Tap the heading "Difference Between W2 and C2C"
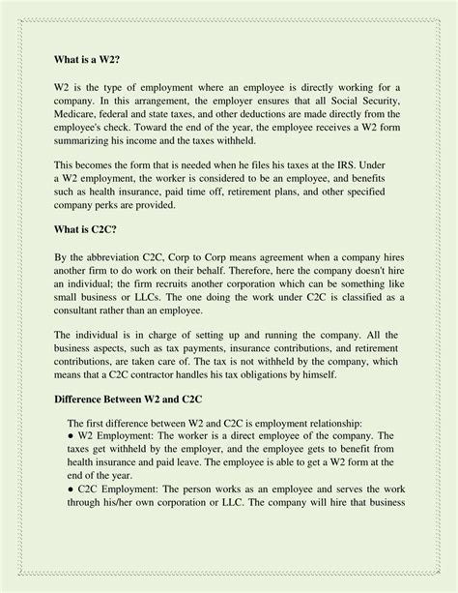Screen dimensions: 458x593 (136, 399)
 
